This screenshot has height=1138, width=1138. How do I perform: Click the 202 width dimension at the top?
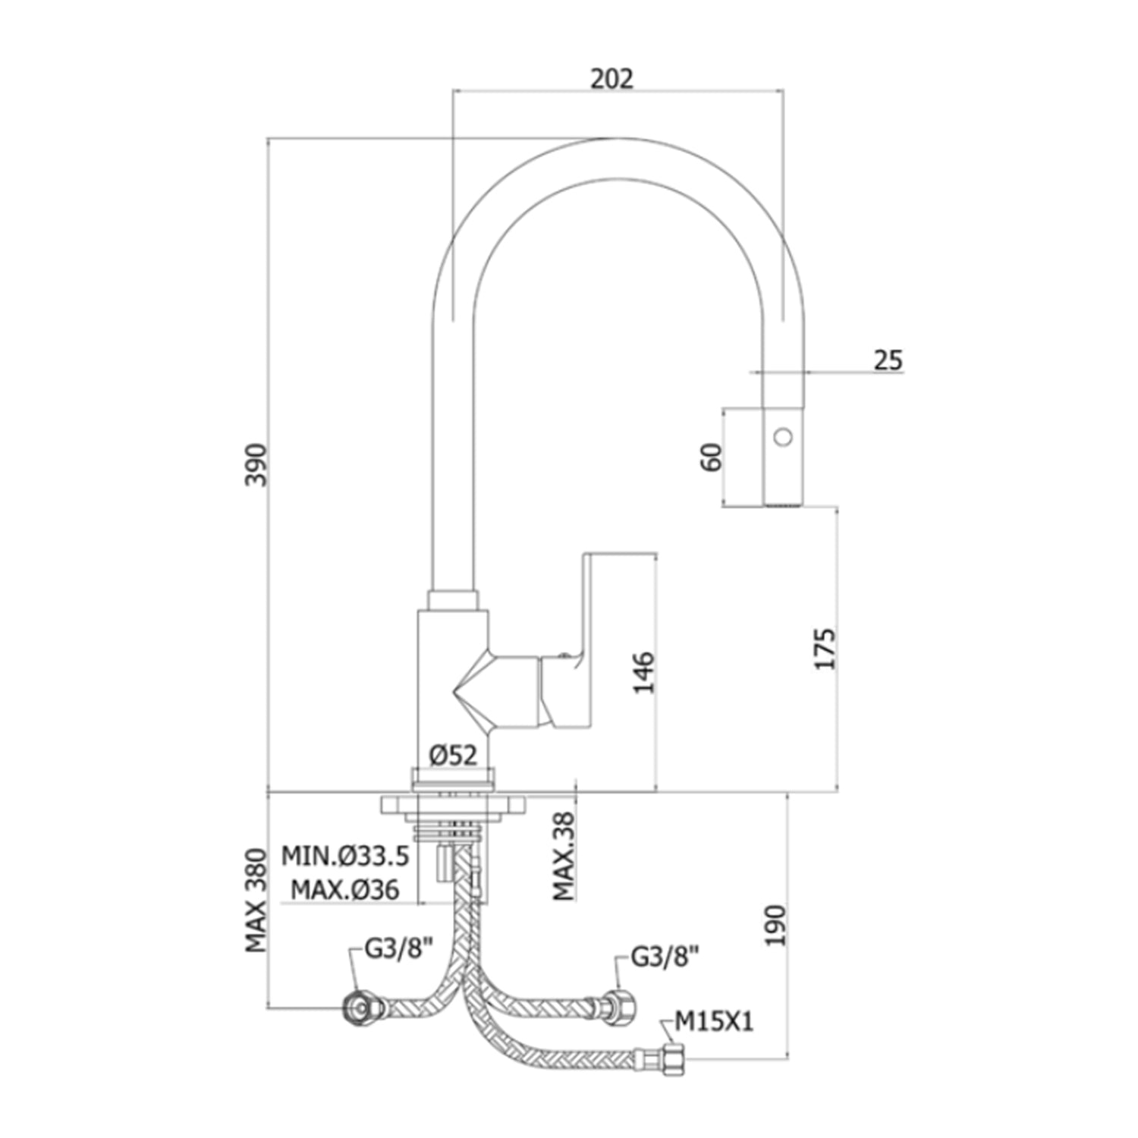(x=611, y=78)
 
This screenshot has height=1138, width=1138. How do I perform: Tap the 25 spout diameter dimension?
(x=888, y=360)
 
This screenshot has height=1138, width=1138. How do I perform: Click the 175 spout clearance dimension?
(x=825, y=648)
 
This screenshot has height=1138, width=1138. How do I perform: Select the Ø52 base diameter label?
(x=453, y=754)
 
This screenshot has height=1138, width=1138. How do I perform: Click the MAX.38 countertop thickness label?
(x=564, y=855)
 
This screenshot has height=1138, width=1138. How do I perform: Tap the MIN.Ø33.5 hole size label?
(x=346, y=856)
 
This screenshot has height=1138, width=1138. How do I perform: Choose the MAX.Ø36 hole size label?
(x=345, y=889)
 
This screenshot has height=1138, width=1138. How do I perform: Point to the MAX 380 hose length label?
(x=256, y=901)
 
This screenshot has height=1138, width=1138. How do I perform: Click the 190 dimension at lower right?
(x=774, y=925)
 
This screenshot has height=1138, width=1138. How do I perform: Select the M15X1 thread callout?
(x=714, y=1022)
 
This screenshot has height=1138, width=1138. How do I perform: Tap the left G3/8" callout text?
(x=398, y=948)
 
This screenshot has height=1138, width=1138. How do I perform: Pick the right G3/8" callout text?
(x=664, y=957)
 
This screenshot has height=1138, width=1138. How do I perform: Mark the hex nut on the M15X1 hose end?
(x=674, y=1058)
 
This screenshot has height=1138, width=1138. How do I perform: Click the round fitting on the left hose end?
(x=357, y=1008)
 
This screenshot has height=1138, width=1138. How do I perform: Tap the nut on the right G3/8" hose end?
(x=624, y=1008)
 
